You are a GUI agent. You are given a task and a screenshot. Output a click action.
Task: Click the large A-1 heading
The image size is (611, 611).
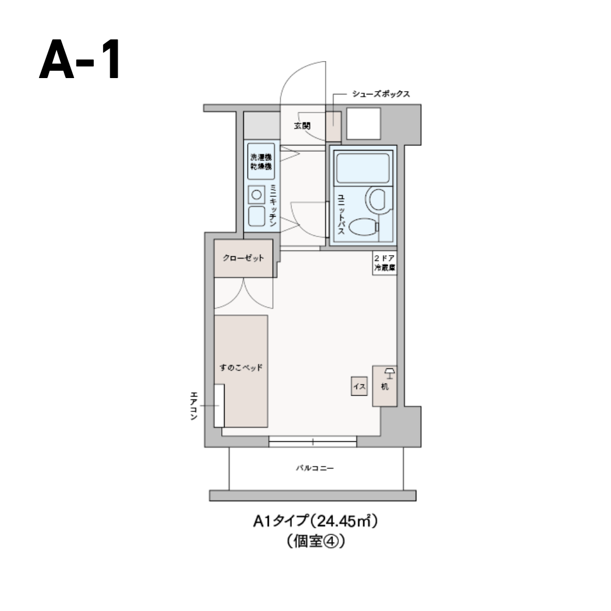coord(80,59)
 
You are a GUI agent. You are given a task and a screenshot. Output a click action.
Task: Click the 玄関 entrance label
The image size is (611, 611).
coord(302,126)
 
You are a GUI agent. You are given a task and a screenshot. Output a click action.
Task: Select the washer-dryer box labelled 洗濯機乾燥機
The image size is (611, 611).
coord(261,162)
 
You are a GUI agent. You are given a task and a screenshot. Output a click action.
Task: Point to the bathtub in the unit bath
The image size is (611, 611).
coord(363,168)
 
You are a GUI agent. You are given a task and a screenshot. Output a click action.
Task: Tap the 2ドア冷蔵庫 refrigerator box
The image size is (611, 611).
coord(385,264)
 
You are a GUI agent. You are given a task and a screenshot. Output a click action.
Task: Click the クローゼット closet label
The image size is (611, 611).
coord(243,259)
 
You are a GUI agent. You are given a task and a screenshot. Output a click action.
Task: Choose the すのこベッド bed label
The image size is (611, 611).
coord(240,367)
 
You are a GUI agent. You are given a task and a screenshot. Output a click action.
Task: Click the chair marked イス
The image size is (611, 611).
coord(359,386)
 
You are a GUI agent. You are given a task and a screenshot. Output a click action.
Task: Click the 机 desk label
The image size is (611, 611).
coord(385,388)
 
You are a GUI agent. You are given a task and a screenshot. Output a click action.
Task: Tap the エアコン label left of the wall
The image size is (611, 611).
coord(193,406)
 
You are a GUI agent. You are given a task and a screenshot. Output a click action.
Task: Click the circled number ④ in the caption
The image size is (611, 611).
coord(332,541)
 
